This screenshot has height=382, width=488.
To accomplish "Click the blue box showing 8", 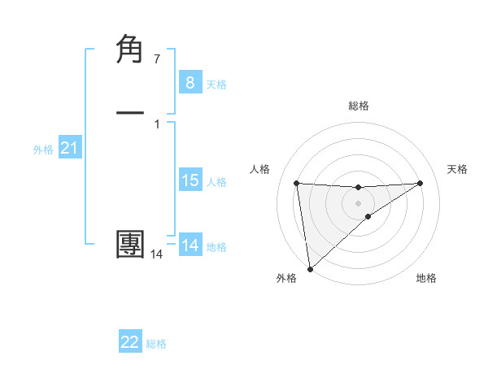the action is click(x=190, y=83).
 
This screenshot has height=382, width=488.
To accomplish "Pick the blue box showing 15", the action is click(x=190, y=180).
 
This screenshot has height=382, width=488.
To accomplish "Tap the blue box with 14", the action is click(x=190, y=245).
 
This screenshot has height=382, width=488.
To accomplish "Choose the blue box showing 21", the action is click(x=69, y=148).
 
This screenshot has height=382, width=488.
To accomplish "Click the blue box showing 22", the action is click(x=130, y=342).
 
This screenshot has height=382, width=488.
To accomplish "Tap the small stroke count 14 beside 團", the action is click(x=156, y=254).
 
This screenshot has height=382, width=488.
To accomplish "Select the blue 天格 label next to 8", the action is click(x=216, y=85).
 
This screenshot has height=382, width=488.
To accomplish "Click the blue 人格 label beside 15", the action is click(x=216, y=182).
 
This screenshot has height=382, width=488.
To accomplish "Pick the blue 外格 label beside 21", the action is click(x=43, y=150).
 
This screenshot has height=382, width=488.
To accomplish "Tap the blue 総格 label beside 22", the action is click(x=156, y=344).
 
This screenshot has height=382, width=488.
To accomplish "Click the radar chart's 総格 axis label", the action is click(x=358, y=106).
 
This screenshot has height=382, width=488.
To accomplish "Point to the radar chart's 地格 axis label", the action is click(x=426, y=278).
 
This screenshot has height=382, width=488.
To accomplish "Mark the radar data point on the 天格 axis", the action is click(x=420, y=183).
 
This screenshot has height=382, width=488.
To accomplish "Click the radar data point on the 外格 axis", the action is click(x=309, y=269).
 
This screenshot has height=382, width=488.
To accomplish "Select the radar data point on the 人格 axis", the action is click(x=297, y=183).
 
